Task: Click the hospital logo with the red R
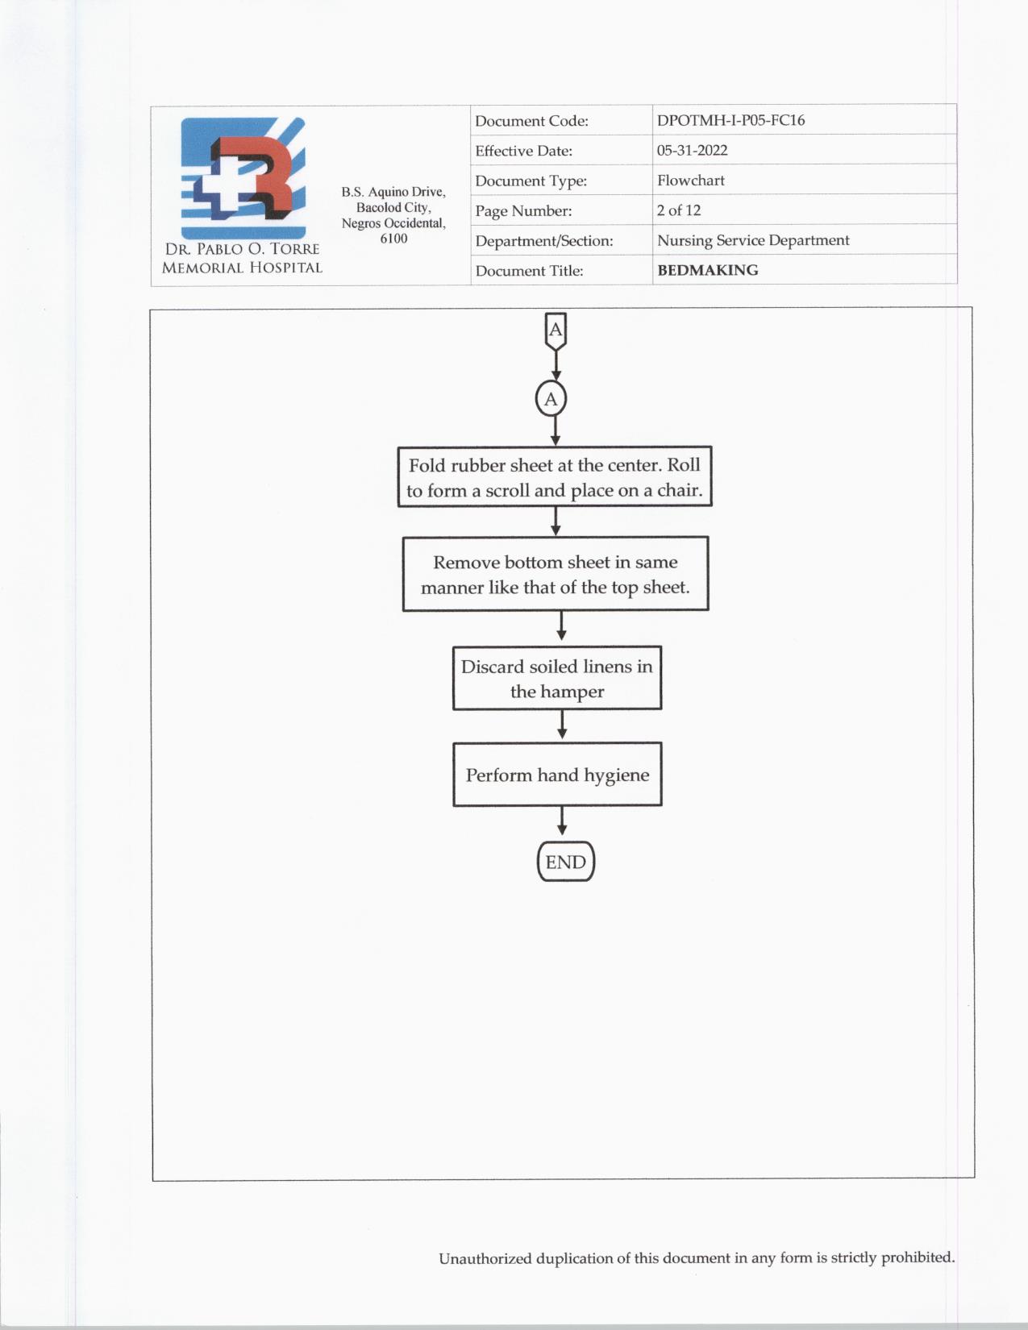coord(243,177)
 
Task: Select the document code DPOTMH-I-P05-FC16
coord(730,120)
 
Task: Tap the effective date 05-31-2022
coord(692,150)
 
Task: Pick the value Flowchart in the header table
coord(690,181)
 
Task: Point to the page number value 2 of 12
coord(678,210)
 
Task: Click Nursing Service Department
coord(752,240)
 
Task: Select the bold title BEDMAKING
coord(707,270)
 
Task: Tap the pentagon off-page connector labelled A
coord(556,330)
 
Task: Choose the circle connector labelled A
coord(551,399)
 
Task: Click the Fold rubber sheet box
coord(555,476)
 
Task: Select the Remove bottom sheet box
coord(556,574)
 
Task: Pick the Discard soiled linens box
coord(557,678)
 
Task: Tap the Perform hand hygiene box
coord(557,775)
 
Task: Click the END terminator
coord(565,862)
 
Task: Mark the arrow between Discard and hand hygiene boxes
coord(562,725)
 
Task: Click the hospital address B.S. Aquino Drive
coord(393,192)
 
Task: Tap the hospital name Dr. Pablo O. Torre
coord(242,249)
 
